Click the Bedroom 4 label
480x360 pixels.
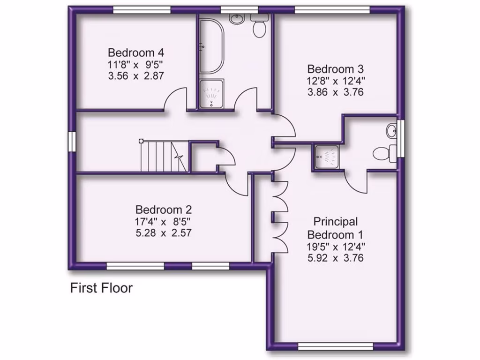tap(136, 52)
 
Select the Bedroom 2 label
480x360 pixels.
tap(164, 210)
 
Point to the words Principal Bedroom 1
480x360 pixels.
tap(335, 228)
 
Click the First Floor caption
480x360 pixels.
tap(101, 288)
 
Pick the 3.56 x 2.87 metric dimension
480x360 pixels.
tap(136, 75)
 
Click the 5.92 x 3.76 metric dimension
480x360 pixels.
tap(335, 257)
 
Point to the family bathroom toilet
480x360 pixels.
tap(259, 27)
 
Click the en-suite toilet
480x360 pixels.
tap(383, 153)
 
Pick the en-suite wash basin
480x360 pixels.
tap(391, 131)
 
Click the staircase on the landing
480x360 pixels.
tap(164, 156)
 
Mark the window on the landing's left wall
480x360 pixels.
tap(72, 142)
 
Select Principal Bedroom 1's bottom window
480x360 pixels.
tap(336, 346)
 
